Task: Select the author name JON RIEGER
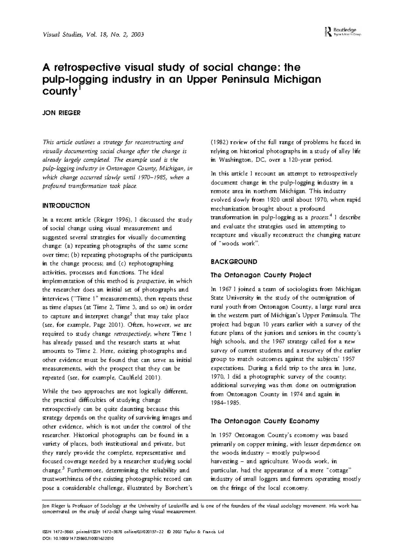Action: [x=62, y=113]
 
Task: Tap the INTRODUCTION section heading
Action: [x=66, y=206]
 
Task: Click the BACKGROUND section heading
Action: [x=234, y=262]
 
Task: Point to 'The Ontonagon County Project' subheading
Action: [x=261, y=275]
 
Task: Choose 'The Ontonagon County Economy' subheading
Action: [x=265, y=421]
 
